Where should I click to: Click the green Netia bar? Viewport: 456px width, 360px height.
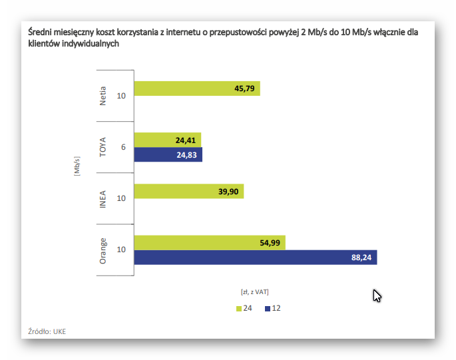(x=196, y=89)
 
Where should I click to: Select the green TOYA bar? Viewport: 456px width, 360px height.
(x=167, y=140)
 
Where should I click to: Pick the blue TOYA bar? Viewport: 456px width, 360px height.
(x=168, y=155)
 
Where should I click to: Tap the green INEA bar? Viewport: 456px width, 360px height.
(x=188, y=192)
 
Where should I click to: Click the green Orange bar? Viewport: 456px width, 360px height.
(x=210, y=243)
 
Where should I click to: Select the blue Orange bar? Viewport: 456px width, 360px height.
(x=256, y=258)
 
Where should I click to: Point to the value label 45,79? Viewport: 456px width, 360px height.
(x=245, y=89)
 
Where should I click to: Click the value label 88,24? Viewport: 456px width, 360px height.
(x=361, y=258)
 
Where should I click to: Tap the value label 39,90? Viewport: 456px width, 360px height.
(x=228, y=192)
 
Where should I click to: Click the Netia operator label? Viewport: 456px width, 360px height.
(x=103, y=96)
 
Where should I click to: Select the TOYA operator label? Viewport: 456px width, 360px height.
(x=103, y=147)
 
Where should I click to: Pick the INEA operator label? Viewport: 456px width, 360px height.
(x=103, y=198)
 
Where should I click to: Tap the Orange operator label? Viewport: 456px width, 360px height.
(x=103, y=250)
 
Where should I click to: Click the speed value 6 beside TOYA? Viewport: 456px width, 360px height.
(x=122, y=147)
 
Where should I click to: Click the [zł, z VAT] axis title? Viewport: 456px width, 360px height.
(x=255, y=291)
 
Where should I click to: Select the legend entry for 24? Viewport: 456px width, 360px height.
(x=244, y=308)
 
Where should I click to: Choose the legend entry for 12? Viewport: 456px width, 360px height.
(x=272, y=308)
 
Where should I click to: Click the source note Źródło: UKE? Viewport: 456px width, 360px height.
(x=47, y=331)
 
